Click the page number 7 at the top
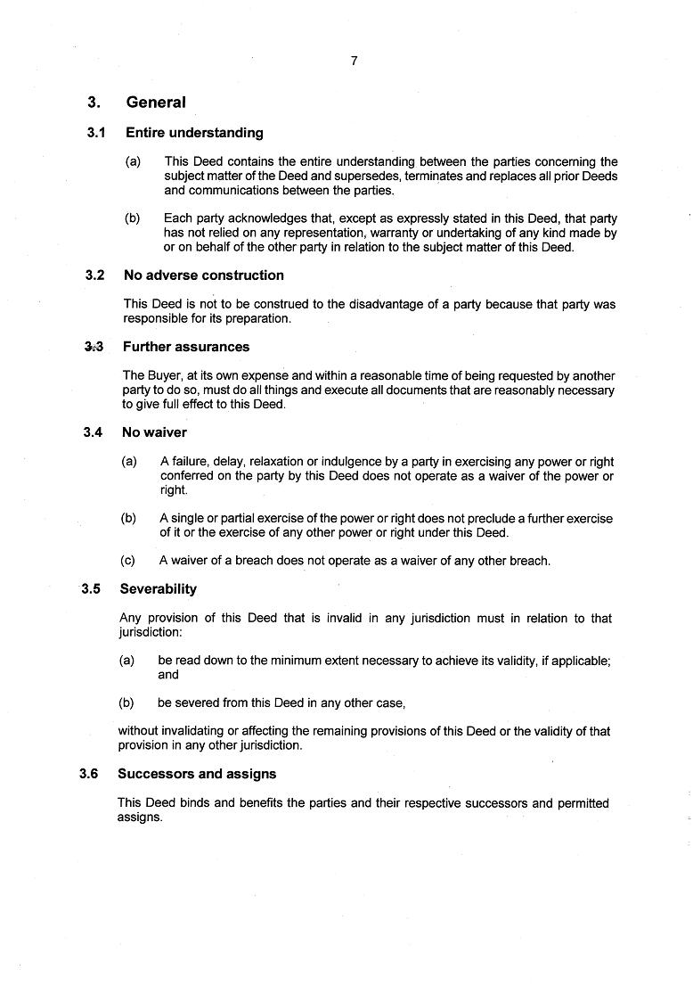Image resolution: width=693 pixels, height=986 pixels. [355, 61]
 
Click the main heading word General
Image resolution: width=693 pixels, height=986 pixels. [156, 103]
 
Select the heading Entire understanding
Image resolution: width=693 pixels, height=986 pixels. [194, 133]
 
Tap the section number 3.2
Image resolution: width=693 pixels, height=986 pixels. [95, 275]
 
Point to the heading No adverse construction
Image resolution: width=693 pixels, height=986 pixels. [204, 275]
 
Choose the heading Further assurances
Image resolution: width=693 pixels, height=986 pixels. [186, 347]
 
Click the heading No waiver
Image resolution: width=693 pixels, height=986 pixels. [154, 432]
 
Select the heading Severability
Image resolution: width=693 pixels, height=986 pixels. [159, 589]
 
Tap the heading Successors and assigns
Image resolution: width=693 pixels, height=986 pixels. [197, 774]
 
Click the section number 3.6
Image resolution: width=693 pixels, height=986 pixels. [88, 774]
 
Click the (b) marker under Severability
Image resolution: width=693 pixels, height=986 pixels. [126, 703]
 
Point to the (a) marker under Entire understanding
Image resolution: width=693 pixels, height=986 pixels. [133, 161]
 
